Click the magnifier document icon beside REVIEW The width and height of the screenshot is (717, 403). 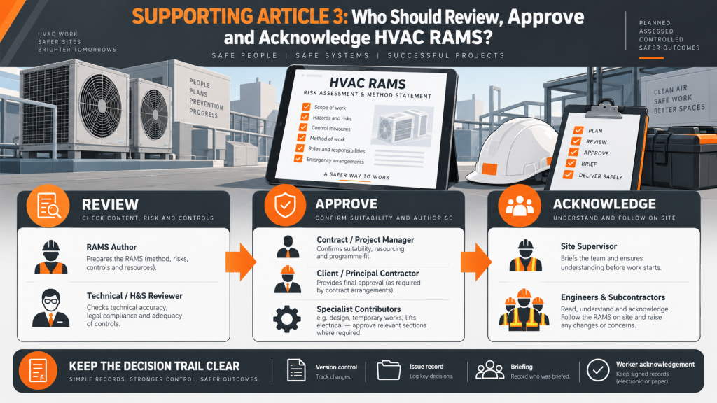click(x=48, y=206)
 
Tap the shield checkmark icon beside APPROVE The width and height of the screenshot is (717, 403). click(x=285, y=206)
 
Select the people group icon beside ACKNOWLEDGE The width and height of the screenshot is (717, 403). click(x=520, y=206)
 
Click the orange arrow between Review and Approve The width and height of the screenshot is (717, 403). click(x=241, y=262)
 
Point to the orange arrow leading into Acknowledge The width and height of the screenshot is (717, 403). click(x=476, y=262)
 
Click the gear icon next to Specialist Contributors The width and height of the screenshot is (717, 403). click(x=287, y=318)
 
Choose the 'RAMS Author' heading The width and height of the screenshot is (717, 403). click(x=111, y=247)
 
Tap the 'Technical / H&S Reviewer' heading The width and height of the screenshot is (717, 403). click(x=135, y=296)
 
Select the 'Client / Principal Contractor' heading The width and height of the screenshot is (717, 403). click(x=368, y=274)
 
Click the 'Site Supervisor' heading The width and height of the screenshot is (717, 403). click(x=589, y=246)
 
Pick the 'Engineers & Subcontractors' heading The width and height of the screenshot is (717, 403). click(x=613, y=297)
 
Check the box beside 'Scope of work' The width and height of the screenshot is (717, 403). click(x=307, y=106)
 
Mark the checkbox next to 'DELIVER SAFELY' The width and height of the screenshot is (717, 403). click(x=569, y=174)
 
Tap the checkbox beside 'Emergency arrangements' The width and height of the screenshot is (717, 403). click(x=298, y=159)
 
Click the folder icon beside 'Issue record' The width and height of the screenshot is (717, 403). click(x=389, y=370)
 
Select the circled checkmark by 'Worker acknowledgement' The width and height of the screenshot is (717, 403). click(x=598, y=370)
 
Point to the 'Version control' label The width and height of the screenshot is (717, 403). click(x=337, y=367)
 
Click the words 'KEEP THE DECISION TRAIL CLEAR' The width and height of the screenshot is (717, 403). click(x=154, y=366)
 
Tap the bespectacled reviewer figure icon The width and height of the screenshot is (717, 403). click(x=50, y=308)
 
